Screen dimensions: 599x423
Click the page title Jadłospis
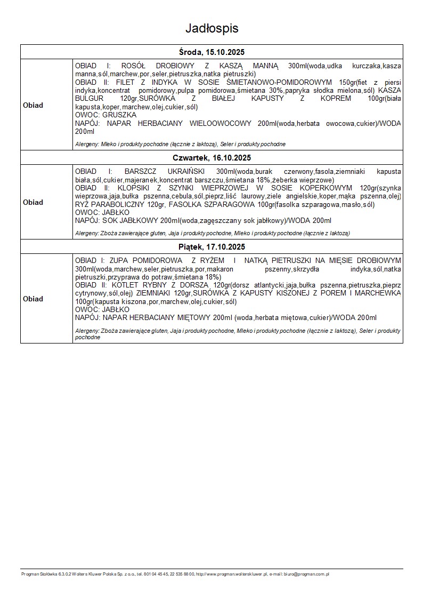point(211,28)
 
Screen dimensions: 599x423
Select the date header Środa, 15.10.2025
point(211,52)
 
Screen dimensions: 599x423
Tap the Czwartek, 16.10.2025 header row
point(211,158)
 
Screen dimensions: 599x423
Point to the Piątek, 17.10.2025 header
point(211,247)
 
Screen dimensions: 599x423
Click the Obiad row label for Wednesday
point(33,105)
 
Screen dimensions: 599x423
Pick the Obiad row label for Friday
point(33,299)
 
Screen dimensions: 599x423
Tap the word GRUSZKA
point(120,115)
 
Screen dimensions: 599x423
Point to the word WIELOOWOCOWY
point(219,123)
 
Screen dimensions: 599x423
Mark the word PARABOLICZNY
point(117,204)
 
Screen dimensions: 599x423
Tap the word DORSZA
point(195,285)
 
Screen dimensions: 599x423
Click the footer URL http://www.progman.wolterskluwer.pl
point(228,574)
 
